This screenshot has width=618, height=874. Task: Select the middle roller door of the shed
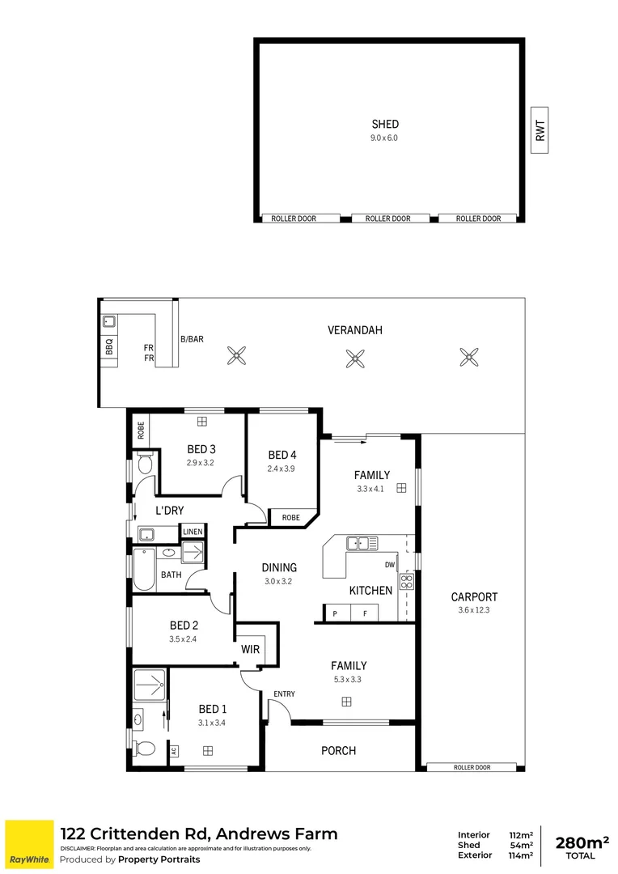(387, 218)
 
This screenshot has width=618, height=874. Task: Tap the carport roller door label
(472, 767)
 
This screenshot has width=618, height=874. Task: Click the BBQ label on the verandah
(109, 346)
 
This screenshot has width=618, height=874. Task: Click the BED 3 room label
(201, 449)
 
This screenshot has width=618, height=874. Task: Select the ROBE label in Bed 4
(291, 517)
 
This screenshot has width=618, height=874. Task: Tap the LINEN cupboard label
(193, 532)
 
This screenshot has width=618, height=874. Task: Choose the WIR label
(250, 648)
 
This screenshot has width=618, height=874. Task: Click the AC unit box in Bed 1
(174, 751)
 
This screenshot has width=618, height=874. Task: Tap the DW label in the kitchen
(390, 566)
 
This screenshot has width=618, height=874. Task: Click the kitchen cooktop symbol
(407, 582)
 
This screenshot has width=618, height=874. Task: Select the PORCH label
(338, 751)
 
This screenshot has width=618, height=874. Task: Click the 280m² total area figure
(581, 842)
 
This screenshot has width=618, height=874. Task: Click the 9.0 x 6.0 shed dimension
(384, 138)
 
